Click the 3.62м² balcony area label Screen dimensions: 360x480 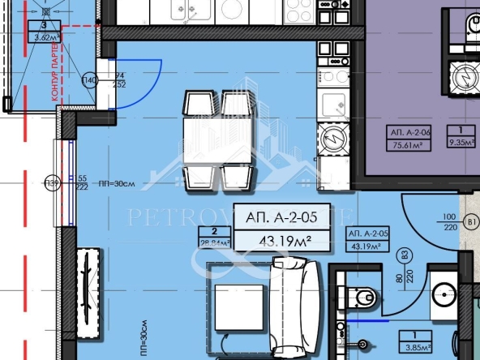[45, 36]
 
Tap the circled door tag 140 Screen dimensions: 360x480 [89, 80]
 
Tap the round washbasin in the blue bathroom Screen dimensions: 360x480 [444, 294]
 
